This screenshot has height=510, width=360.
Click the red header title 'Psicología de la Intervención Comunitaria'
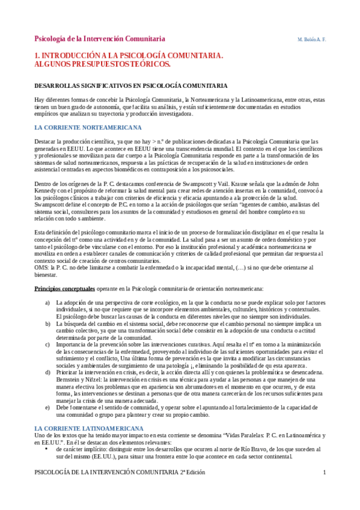tap(100, 38)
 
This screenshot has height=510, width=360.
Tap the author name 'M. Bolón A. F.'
tap(311, 39)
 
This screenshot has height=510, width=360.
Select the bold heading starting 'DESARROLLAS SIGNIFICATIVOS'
tap(130, 86)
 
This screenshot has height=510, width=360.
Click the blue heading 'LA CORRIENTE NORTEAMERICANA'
tap(88, 127)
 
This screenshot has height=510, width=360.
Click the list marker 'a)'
tap(48, 301)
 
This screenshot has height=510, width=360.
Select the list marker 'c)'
tap(48, 344)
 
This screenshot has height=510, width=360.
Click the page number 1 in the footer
tap(325, 488)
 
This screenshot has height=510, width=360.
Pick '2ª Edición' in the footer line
tap(192, 488)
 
